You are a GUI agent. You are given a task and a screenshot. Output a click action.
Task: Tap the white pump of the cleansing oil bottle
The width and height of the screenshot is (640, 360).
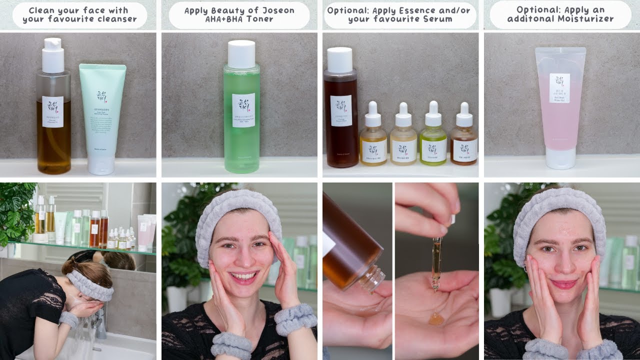[x=52, y=55]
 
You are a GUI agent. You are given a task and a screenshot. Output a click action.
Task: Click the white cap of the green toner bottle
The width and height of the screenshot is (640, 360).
[x=241, y=54]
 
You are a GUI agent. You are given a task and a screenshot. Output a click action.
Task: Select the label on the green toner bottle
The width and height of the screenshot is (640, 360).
[x=243, y=110]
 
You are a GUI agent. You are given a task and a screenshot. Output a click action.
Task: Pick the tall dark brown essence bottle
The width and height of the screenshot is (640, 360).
[x=340, y=110]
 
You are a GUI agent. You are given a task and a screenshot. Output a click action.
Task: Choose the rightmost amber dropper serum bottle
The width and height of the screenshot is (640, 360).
[x=463, y=142]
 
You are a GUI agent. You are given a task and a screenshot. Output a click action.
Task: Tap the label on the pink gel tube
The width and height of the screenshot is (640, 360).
[x=559, y=88]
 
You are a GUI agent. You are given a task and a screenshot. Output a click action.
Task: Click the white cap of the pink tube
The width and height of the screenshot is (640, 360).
[x=559, y=158]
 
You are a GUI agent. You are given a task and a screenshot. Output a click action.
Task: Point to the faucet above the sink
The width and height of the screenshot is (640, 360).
[x=100, y=320]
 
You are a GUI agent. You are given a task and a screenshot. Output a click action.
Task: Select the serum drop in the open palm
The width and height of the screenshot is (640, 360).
[x=436, y=318]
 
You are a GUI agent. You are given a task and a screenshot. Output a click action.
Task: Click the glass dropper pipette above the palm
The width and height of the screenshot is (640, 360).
[x=436, y=262]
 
